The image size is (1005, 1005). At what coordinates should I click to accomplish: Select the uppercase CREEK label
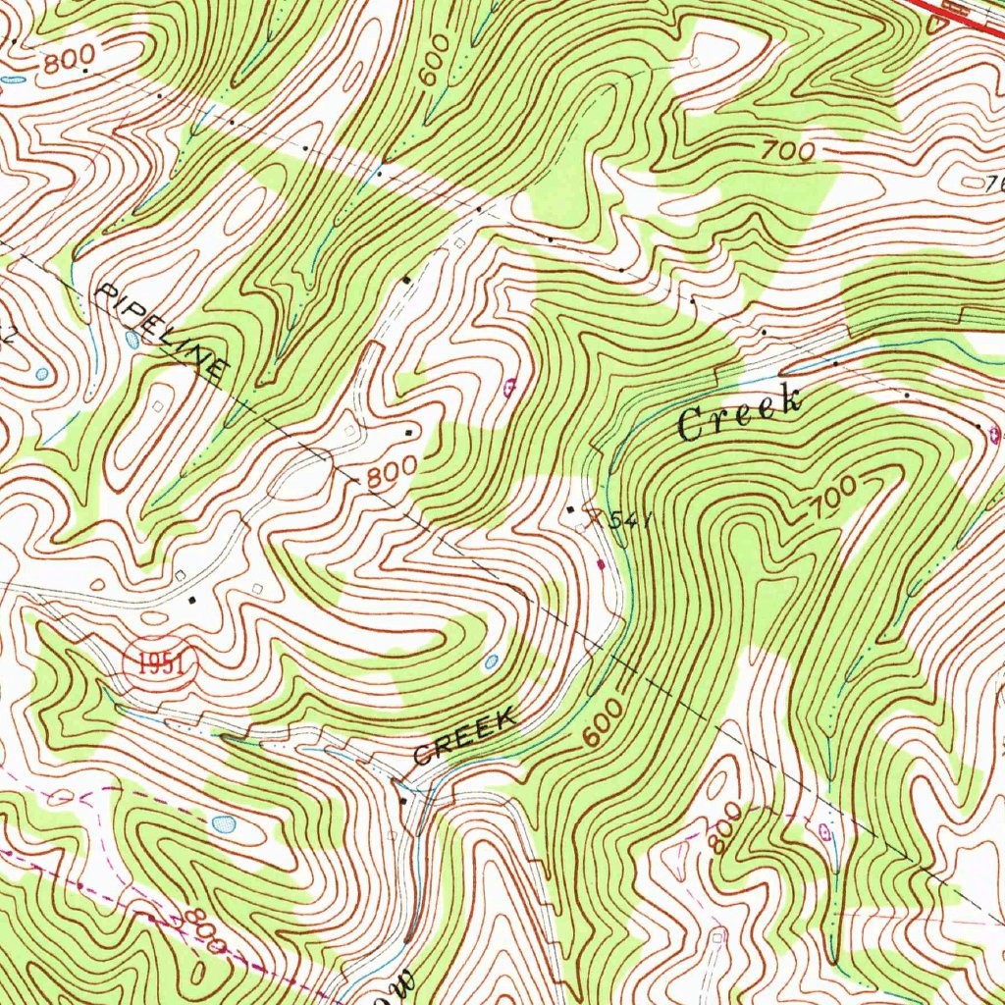[x=464, y=738]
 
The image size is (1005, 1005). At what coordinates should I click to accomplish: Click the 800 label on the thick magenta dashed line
[x=202, y=929]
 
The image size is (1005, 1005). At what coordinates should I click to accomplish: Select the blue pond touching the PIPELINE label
[x=132, y=340]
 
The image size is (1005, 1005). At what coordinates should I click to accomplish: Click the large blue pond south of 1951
[x=225, y=822]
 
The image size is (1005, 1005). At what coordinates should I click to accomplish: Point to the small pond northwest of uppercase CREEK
[x=491, y=662]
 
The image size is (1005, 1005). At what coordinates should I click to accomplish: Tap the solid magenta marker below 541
[x=602, y=563]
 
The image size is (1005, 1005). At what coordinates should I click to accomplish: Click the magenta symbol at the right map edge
[x=995, y=432]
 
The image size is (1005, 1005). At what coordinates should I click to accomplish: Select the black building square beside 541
[x=573, y=509]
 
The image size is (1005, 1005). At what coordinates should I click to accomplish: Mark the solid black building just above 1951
[x=192, y=598]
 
